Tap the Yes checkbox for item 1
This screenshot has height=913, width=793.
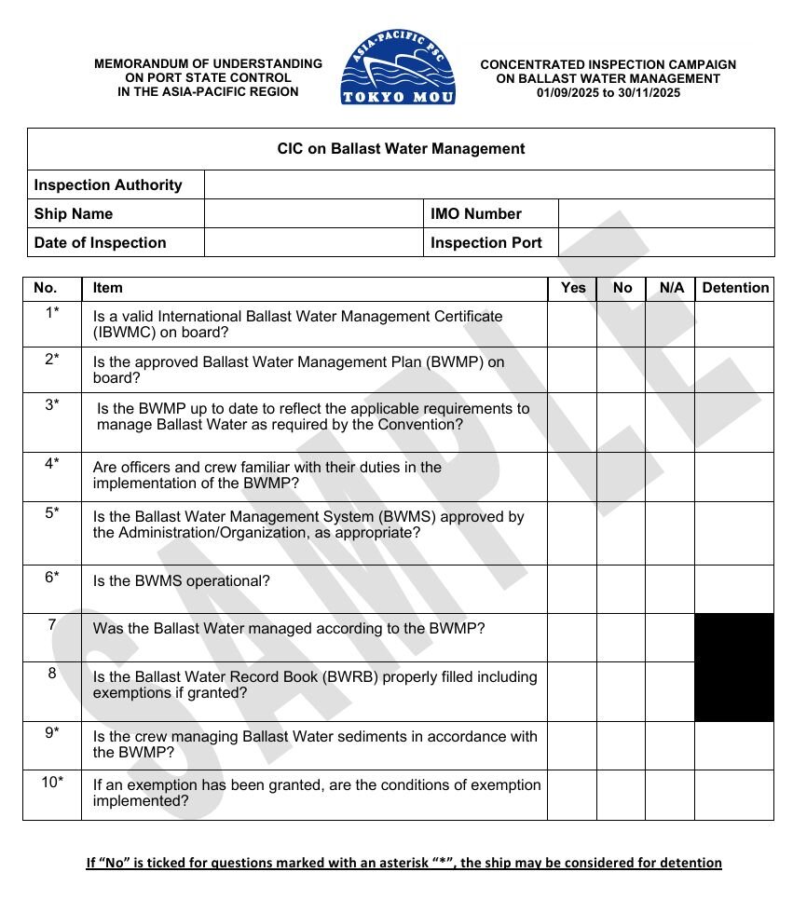tap(571, 324)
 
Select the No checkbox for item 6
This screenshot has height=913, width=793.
tap(621, 589)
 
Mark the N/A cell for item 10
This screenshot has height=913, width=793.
tap(669, 795)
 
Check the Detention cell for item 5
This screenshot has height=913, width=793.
tap(734, 534)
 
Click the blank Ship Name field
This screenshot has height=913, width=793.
tap(313, 213)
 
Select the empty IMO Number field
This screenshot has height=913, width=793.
tap(666, 213)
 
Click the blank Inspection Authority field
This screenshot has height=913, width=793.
tap(489, 184)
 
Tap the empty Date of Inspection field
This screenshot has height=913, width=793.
tap(313, 242)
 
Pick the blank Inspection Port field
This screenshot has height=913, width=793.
tap(666, 242)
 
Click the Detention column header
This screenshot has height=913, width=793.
tap(734, 288)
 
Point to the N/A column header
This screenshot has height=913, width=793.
tap(671, 288)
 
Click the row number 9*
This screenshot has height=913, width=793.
tap(52, 733)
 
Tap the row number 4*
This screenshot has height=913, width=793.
tap(52, 463)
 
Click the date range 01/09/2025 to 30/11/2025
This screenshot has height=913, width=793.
tap(608, 92)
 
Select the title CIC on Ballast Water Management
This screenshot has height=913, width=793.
tap(401, 149)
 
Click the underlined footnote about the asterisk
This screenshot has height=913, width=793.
tap(403, 863)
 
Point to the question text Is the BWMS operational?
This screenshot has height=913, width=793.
tap(182, 580)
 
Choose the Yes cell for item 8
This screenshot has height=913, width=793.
tap(571, 691)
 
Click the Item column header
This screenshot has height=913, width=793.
tap(108, 288)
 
